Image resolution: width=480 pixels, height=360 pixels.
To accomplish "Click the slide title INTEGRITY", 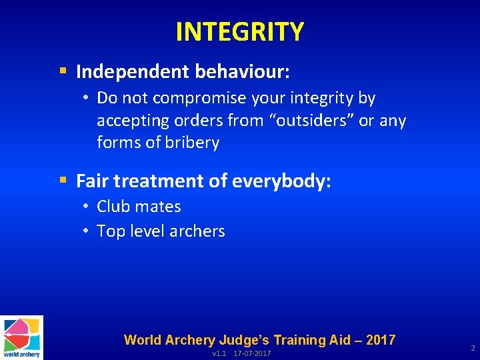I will coord(239,31).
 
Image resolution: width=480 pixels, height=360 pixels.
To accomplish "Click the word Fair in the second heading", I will coord(91,181).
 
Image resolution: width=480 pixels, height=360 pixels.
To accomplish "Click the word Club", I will coord(113,207).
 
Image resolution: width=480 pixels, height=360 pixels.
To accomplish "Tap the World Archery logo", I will coord(21,337).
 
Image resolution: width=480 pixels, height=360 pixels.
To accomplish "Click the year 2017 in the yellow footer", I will coord(380,340).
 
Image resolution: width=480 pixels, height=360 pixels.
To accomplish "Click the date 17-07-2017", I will coord(252,353).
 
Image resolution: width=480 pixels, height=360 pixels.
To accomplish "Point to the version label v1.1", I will coord(219,353).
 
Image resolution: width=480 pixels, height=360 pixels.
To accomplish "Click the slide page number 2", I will coord(472,349).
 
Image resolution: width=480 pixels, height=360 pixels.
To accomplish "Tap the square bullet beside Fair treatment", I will coord(63,181).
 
